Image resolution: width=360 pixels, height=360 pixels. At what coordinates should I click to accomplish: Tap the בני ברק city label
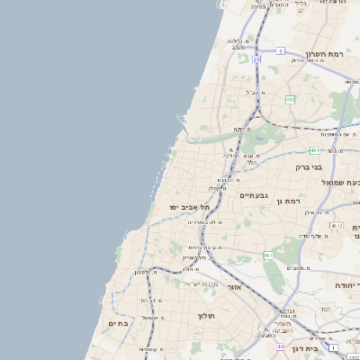click(309, 166)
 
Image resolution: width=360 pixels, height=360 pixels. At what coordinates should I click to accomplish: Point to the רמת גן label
click(288, 202)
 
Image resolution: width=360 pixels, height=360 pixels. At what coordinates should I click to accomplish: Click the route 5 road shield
click(281, 50)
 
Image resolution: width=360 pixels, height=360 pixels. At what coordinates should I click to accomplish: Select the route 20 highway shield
click(256, 59)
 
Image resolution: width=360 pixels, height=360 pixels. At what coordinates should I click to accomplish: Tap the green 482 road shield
click(291, 99)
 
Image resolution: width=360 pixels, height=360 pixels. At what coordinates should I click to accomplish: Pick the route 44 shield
click(281, 346)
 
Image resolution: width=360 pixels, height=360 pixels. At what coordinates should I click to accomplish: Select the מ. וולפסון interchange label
click(147, 272)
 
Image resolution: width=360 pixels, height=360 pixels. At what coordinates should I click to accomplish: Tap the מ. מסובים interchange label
click(299, 267)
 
